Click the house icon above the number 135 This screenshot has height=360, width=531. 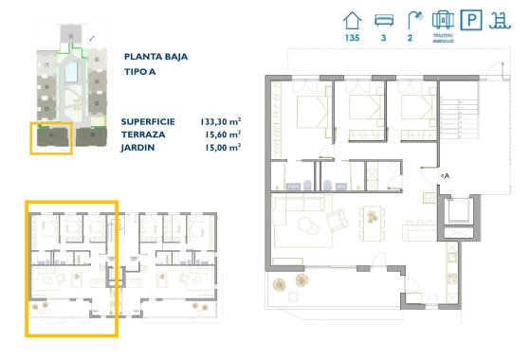(352, 19)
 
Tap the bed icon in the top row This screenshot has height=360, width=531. (383, 19)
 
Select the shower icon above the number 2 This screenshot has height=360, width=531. (412, 19)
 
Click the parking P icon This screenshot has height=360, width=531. (470, 20)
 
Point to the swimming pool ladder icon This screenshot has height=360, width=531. (499, 20)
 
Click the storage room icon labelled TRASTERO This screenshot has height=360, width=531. (442, 20)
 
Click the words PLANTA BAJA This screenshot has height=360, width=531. (155, 56)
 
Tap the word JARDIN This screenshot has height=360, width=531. (137, 148)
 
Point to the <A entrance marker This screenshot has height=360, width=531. (444, 176)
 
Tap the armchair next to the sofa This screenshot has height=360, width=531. (338, 220)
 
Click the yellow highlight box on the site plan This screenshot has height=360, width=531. (51, 138)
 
